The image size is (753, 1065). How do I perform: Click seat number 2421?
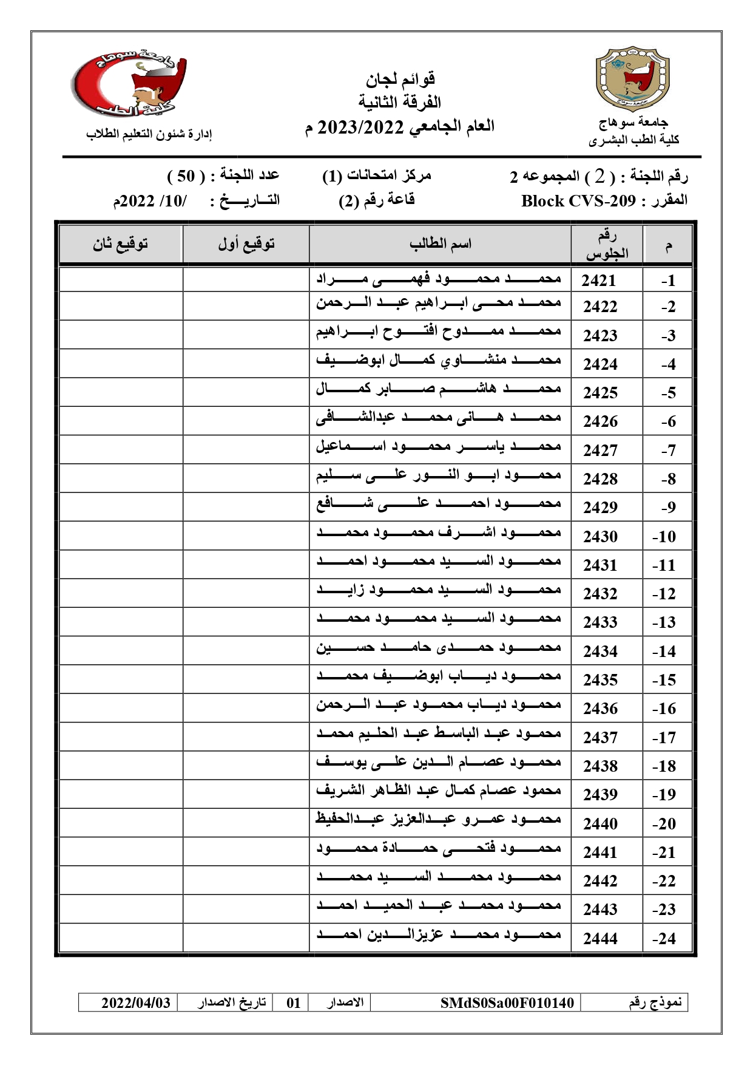[599, 281]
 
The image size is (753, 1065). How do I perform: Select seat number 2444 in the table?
[600, 938]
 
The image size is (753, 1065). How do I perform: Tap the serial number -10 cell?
[664, 537]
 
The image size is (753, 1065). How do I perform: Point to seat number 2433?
[600, 622]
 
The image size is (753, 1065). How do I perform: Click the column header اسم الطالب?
[440, 244]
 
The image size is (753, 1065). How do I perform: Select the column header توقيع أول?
[246, 244]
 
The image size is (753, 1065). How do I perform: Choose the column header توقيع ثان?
[120, 244]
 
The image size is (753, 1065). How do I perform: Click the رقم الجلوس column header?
[606, 244]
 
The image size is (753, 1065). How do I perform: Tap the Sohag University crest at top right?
[633, 78]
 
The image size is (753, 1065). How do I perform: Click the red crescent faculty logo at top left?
[129, 83]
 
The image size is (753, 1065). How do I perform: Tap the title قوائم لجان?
[400, 79]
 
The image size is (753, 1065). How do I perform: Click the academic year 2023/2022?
[360, 127]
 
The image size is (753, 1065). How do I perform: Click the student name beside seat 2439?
[438, 791]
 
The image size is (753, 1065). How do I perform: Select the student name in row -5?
[438, 389]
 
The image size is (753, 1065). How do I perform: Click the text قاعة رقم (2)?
[376, 200]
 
